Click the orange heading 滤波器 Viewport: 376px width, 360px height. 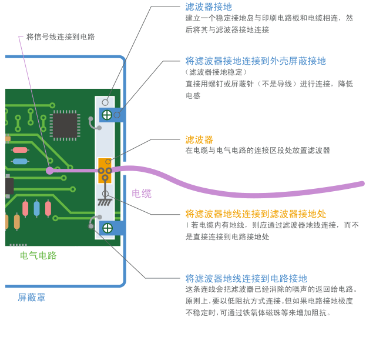point(199,140)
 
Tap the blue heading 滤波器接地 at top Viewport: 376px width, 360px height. point(209,7)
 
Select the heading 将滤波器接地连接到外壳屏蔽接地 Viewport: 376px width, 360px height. point(256,61)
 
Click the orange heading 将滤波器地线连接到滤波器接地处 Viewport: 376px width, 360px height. point(256,214)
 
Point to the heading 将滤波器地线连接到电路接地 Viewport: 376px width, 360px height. point(246,279)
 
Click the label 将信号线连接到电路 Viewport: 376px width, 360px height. point(61,37)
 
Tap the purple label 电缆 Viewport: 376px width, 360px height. point(142,194)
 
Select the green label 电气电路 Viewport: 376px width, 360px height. point(38,256)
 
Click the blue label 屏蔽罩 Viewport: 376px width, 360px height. point(31,298)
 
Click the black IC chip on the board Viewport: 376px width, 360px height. point(65,125)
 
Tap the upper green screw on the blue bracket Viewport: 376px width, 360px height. point(107,115)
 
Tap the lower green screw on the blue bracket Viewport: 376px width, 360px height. point(108,228)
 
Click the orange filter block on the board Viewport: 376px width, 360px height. point(105,169)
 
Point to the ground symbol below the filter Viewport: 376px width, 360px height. point(105,201)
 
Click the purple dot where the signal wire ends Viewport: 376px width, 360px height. point(50,171)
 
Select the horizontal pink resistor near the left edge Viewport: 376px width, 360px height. point(20,150)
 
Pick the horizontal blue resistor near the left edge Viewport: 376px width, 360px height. point(20,161)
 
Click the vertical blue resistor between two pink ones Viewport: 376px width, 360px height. point(36,208)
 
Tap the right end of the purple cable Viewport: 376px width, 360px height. point(361,184)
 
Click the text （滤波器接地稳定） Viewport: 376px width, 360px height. point(217,72)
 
